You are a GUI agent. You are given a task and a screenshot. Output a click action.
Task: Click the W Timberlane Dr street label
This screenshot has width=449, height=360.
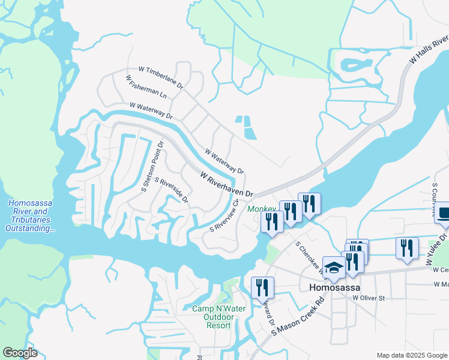(x=160, y=77)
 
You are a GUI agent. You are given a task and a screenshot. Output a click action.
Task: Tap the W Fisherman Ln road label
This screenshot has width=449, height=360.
(x=146, y=86)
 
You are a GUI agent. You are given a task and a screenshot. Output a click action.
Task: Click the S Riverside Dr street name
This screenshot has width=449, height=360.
(x=172, y=190)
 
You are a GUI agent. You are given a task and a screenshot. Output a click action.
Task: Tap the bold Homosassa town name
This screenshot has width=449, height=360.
(x=334, y=287)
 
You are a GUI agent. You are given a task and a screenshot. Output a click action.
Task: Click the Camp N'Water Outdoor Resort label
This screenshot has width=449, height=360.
(x=211, y=317)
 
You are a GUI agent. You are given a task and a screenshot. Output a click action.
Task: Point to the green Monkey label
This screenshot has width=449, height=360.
(x=262, y=209)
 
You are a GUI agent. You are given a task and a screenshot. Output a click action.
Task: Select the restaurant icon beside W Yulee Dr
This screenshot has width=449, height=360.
(x=407, y=247)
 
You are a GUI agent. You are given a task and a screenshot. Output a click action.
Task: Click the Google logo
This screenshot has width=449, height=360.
(x=20, y=353)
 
